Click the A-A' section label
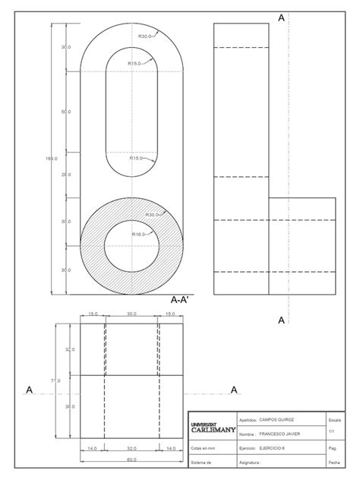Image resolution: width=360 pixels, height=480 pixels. (180, 300)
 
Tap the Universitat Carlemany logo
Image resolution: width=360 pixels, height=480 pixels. (209, 427)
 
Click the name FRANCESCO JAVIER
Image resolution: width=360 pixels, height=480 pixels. (280, 434)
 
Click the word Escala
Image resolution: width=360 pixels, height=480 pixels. (334, 419)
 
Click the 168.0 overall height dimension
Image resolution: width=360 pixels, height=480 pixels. (51, 158)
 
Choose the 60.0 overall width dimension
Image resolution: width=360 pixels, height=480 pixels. (131, 460)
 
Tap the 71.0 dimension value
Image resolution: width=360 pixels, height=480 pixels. (55, 380)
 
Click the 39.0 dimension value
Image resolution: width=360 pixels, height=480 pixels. (70, 406)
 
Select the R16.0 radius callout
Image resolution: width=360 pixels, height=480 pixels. (138, 235)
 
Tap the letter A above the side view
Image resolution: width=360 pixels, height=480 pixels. (282, 17)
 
